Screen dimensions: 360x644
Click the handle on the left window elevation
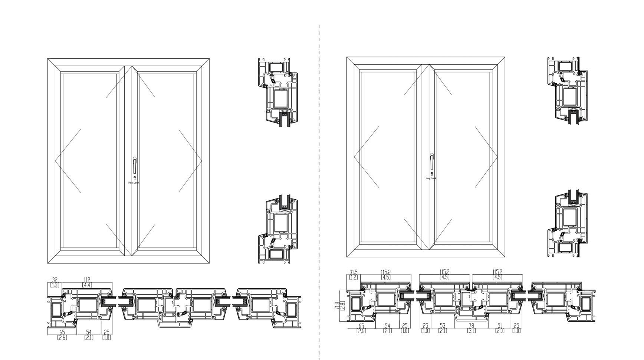coord(135,166)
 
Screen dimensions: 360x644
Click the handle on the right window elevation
coord(432,162)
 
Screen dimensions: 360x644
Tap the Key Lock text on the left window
coord(134,183)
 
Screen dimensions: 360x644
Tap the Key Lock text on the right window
coord(431,179)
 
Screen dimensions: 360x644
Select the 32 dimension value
coord(55,280)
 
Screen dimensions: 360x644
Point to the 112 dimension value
coord(87,280)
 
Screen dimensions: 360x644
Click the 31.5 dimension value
coord(353,272)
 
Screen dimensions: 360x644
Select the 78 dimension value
coord(471,326)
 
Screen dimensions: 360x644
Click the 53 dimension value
coord(443,326)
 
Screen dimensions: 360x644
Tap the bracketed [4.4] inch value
coord(87,285)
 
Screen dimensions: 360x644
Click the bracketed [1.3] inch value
coord(55,285)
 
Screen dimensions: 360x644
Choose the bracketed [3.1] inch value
coord(471,331)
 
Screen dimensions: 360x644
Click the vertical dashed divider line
coord(319,186)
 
